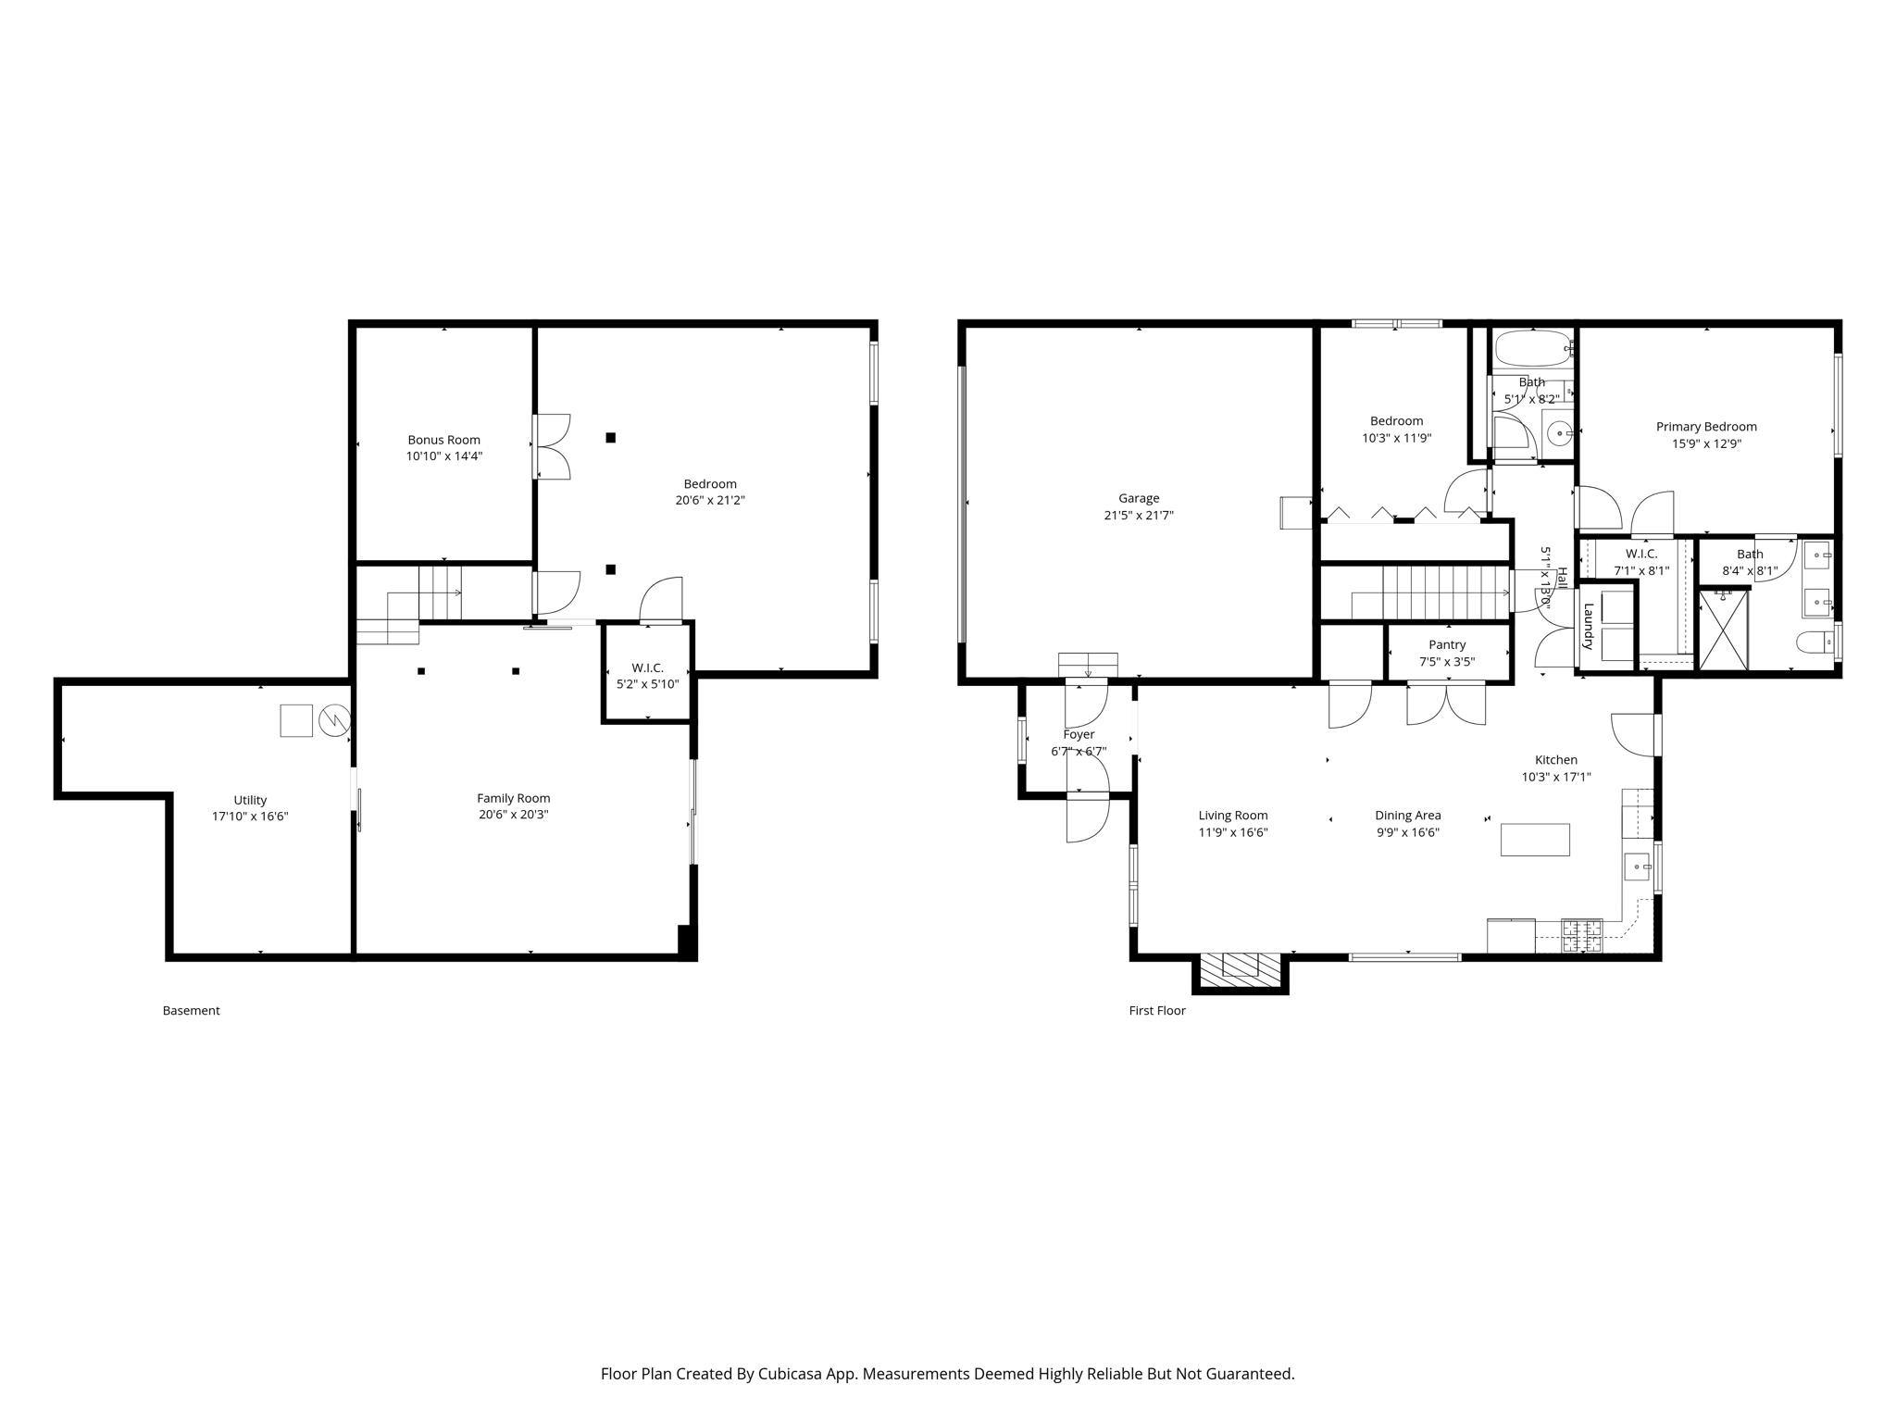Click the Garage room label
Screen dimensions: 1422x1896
(x=1138, y=498)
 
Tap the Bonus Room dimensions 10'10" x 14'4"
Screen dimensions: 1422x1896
(x=443, y=456)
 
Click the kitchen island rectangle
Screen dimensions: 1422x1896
(x=1534, y=840)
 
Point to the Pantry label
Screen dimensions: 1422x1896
(x=1446, y=644)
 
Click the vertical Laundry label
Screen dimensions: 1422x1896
(x=1588, y=626)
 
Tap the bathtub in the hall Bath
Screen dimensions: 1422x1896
(x=1531, y=349)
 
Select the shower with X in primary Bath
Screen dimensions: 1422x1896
(x=1723, y=630)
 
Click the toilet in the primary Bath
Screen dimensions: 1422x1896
(x=1813, y=642)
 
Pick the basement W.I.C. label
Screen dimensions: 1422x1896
(x=647, y=667)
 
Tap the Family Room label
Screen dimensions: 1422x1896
(x=513, y=798)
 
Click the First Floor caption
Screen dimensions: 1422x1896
(x=1156, y=1010)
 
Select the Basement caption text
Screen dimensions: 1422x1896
(x=191, y=1010)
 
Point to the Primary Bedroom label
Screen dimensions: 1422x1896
(x=1705, y=427)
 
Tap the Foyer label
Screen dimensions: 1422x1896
(x=1079, y=734)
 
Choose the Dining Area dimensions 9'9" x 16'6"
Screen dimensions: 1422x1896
(x=1406, y=832)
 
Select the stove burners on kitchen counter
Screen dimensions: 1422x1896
(x=1581, y=934)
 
